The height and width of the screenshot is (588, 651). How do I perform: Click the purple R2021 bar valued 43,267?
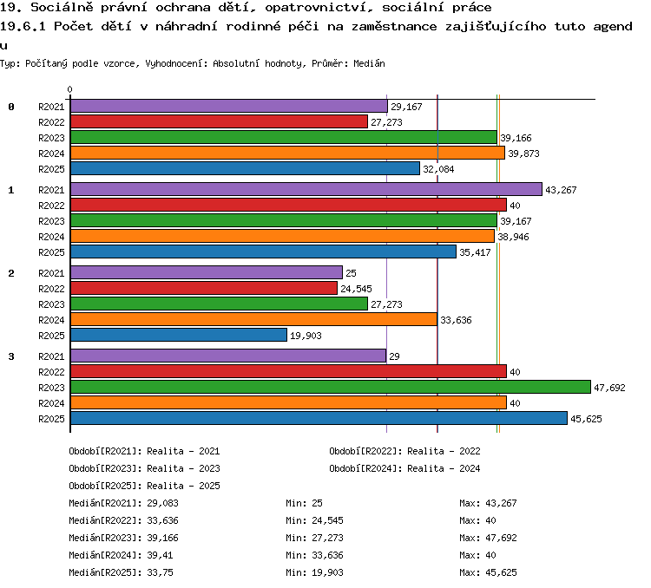pyautogui.click(x=306, y=189)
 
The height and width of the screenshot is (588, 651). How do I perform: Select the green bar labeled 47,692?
pyautogui.click(x=331, y=387)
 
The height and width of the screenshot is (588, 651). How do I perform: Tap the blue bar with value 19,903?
pyautogui.click(x=179, y=335)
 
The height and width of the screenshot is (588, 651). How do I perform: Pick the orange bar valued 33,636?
pyautogui.click(x=253, y=319)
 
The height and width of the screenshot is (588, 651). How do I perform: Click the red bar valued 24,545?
pyautogui.click(x=204, y=288)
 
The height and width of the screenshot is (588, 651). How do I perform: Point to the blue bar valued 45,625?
pyautogui.click(x=319, y=418)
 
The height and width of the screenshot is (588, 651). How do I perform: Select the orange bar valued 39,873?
pyautogui.click(x=287, y=153)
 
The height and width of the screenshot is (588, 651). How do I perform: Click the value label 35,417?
pyautogui.click(x=475, y=252)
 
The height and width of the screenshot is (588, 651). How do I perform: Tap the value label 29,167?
pyautogui.click(x=406, y=107)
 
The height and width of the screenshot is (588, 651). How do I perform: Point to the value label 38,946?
pyautogui.click(x=513, y=237)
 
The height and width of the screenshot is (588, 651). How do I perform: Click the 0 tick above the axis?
pyautogui.click(x=69, y=89)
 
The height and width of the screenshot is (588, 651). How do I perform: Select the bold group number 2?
pyautogui.click(x=11, y=273)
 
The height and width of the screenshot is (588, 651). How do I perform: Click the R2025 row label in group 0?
pyautogui.click(x=51, y=169)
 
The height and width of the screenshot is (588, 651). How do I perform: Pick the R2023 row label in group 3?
pyautogui.click(x=51, y=387)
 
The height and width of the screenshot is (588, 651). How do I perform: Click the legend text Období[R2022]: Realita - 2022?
pyautogui.click(x=404, y=451)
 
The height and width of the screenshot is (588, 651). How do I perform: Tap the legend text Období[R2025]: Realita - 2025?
pyautogui.click(x=144, y=486)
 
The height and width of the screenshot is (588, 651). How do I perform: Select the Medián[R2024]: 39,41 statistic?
pyautogui.click(x=121, y=555)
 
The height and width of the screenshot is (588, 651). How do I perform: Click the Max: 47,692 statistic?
pyautogui.click(x=488, y=538)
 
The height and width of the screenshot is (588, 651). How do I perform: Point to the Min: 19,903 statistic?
pyautogui.click(x=315, y=572)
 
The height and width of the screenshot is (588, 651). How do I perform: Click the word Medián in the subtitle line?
pyautogui.click(x=369, y=63)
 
